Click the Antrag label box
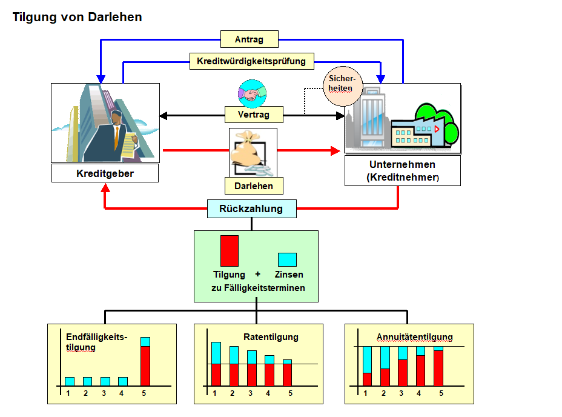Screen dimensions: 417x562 (x=249, y=39)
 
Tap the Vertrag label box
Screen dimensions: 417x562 (x=254, y=114)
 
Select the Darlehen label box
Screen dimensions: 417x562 (x=254, y=186)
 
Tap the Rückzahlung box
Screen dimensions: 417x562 (x=253, y=209)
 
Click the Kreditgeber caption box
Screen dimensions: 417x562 (x=105, y=174)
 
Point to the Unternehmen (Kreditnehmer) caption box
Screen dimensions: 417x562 (x=402, y=171)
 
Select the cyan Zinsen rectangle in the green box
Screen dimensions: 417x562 (x=287, y=259)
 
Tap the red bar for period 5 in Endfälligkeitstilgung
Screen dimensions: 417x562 (x=145, y=365)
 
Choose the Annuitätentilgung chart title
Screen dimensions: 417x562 (x=414, y=337)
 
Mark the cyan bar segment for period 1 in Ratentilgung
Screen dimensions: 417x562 (x=216, y=353)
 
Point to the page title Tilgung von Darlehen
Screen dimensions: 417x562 (x=78, y=17)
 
